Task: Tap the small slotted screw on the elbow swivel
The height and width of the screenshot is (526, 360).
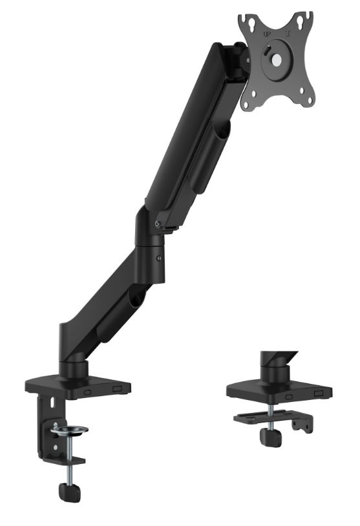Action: tap(159, 258)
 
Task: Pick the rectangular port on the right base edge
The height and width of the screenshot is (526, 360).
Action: tap(319, 392)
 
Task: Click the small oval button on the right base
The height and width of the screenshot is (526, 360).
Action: tap(288, 396)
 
